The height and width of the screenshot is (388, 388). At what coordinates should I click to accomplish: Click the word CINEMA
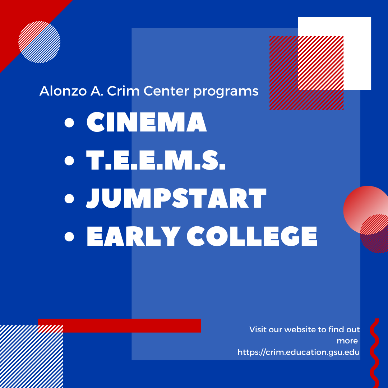pyautogui.click(x=147, y=122)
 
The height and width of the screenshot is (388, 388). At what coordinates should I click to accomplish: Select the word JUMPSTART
pyautogui.click(x=176, y=198)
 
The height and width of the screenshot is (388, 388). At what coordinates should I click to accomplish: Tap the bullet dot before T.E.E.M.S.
pyautogui.click(x=69, y=161)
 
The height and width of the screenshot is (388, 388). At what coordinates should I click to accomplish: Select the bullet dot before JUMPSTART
pyautogui.click(x=69, y=199)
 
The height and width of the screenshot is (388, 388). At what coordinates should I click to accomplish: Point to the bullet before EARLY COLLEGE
pyautogui.click(x=69, y=237)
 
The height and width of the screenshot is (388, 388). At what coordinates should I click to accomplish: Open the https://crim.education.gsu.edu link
pyautogui.click(x=299, y=352)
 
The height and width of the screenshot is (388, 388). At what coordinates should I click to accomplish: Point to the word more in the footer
pyautogui.click(x=347, y=341)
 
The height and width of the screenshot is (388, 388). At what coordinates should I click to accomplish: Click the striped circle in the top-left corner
pyautogui.click(x=39, y=42)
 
